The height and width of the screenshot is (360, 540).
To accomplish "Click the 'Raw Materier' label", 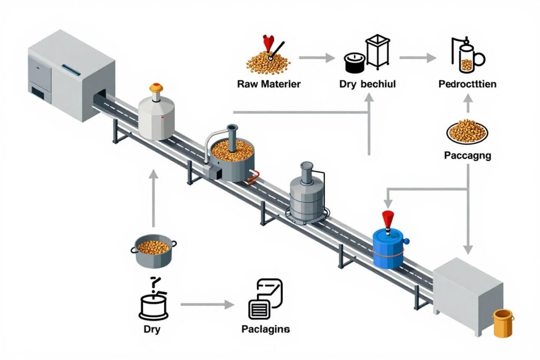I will point(269,84).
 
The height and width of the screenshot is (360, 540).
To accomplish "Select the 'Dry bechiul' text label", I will point(368,84).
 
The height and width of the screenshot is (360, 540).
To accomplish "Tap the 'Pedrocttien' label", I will point(467,84).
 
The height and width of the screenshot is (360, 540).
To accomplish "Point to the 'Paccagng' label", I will point(467,155).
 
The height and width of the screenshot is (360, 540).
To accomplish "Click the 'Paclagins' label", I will point(265,329).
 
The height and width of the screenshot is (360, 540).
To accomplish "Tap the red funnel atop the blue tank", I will point(388,218).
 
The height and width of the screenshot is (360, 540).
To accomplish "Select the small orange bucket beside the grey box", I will point(502,323).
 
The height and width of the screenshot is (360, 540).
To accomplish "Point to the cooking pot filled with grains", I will point(153,251).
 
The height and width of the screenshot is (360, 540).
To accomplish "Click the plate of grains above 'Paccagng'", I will point(467,131).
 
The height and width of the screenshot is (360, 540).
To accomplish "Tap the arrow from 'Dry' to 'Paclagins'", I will point(207,305).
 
